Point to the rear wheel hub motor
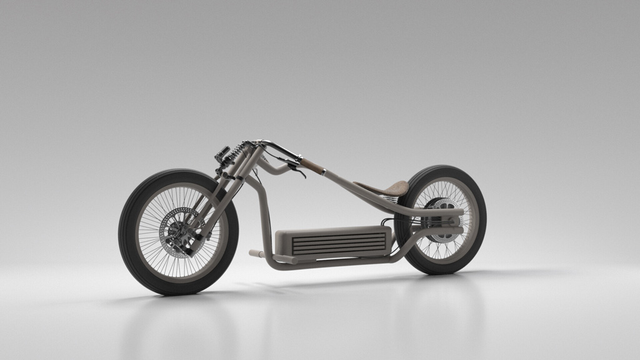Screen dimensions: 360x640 [x=442, y=219]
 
